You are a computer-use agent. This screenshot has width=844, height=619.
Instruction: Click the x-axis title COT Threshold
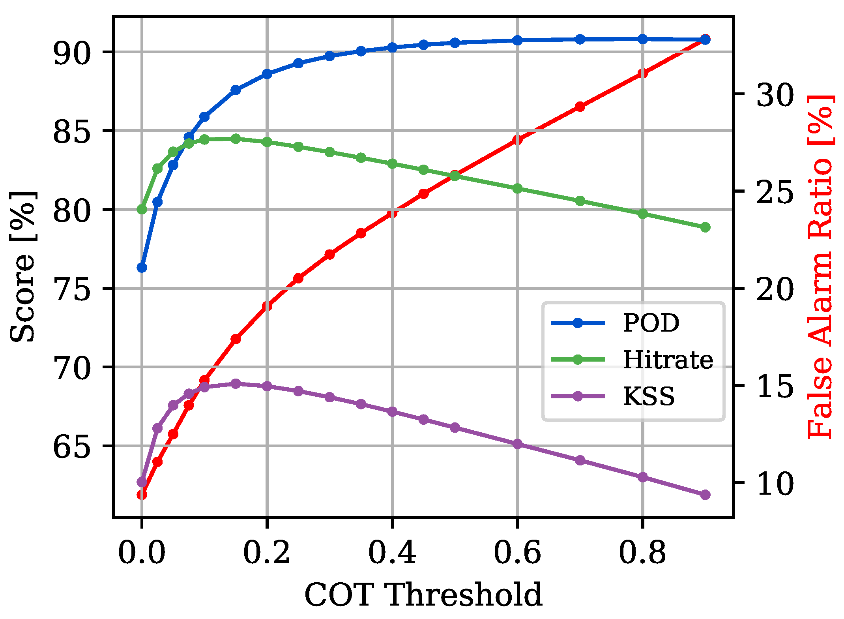[x=423, y=595]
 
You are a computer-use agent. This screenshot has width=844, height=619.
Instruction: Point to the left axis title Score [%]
[x=22, y=267]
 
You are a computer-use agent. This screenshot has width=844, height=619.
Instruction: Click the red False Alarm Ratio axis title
[x=820, y=267]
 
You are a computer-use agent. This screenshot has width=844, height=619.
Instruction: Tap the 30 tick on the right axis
[x=775, y=94]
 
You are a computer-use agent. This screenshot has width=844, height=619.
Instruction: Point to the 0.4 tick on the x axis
[x=392, y=552]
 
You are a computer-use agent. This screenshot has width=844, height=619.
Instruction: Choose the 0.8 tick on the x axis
[x=642, y=552]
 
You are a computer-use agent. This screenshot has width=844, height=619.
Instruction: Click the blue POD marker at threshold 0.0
[x=142, y=268]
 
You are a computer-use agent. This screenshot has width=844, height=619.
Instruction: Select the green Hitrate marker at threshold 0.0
[x=142, y=209]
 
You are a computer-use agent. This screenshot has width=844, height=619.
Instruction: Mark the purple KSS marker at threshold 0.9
[x=705, y=495]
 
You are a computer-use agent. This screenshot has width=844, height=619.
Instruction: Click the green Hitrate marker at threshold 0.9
[x=705, y=227]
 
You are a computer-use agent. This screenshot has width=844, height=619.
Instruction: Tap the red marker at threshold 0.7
[x=580, y=107]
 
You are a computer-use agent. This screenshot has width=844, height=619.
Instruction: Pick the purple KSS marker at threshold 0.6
[x=517, y=444]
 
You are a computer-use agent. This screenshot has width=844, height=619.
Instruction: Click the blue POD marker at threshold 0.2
[x=267, y=74]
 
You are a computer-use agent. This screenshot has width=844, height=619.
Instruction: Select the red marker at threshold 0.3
[x=329, y=254]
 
